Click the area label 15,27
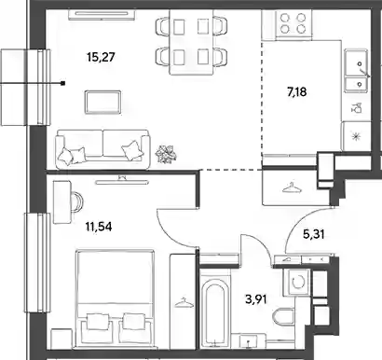click(102, 57)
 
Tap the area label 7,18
click(297, 92)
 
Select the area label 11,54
click(99, 227)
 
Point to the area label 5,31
click(314, 234)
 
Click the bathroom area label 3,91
click(256, 299)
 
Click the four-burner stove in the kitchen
click(293, 23)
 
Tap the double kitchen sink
click(356, 70)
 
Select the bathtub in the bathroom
click(214, 312)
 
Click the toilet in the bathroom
click(284, 316)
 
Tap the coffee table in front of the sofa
click(102, 103)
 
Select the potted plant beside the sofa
click(167, 154)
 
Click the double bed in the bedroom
click(115, 298)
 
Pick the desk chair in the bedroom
click(77, 202)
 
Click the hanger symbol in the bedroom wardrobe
click(183, 303)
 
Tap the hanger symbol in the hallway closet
click(292, 188)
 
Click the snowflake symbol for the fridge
click(356, 136)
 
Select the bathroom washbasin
click(248, 340)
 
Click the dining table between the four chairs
click(191, 42)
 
